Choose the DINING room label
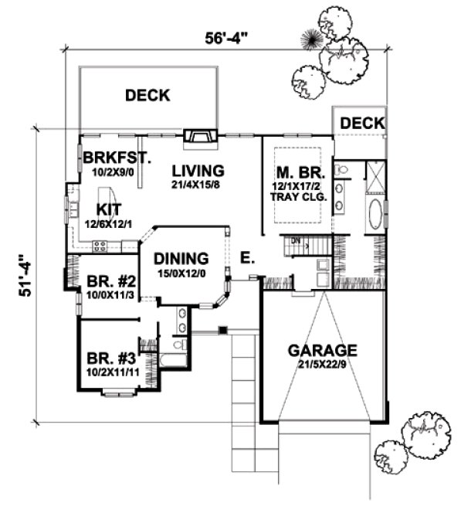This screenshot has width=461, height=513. (180, 259)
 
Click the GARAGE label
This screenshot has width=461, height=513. (323, 350)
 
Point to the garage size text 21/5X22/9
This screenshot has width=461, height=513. (323, 365)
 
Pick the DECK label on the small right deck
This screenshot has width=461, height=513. (362, 123)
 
